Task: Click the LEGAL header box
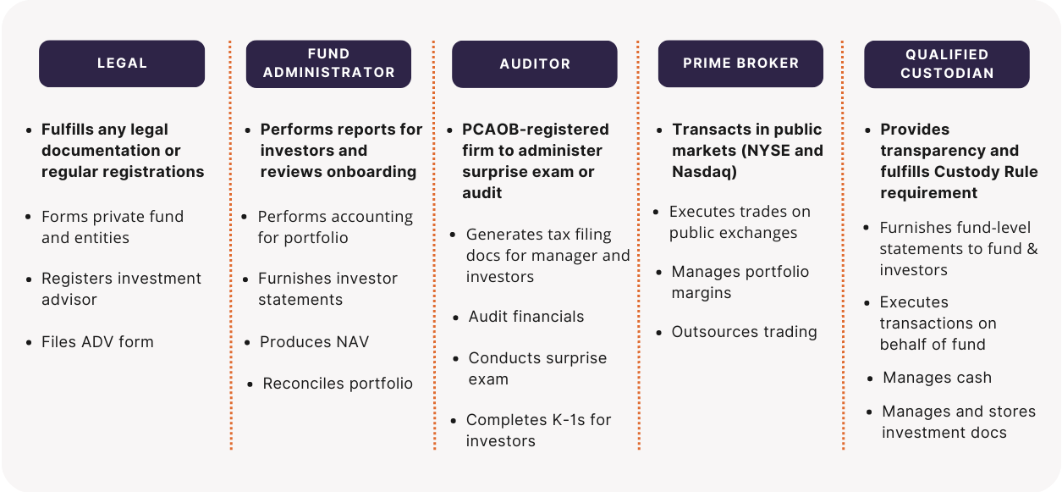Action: tap(122, 64)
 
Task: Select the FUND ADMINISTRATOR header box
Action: tap(328, 64)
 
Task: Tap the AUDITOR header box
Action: tap(534, 64)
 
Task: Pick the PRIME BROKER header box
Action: tap(740, 64)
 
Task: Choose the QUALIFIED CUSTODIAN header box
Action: tap(947, 64)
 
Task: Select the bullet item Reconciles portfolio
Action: tap(331, 384)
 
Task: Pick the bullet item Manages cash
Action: tap(930, 378)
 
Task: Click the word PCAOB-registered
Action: tap(536, 129)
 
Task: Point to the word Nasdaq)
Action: tap(704, 171)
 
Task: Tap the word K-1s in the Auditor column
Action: tap(562, 420)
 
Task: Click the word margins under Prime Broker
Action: tap(702, 293)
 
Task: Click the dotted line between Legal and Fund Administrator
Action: tap(231, 246)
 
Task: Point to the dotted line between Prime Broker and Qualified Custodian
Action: tap(843, 246)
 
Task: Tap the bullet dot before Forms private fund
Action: tap(29, 217)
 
